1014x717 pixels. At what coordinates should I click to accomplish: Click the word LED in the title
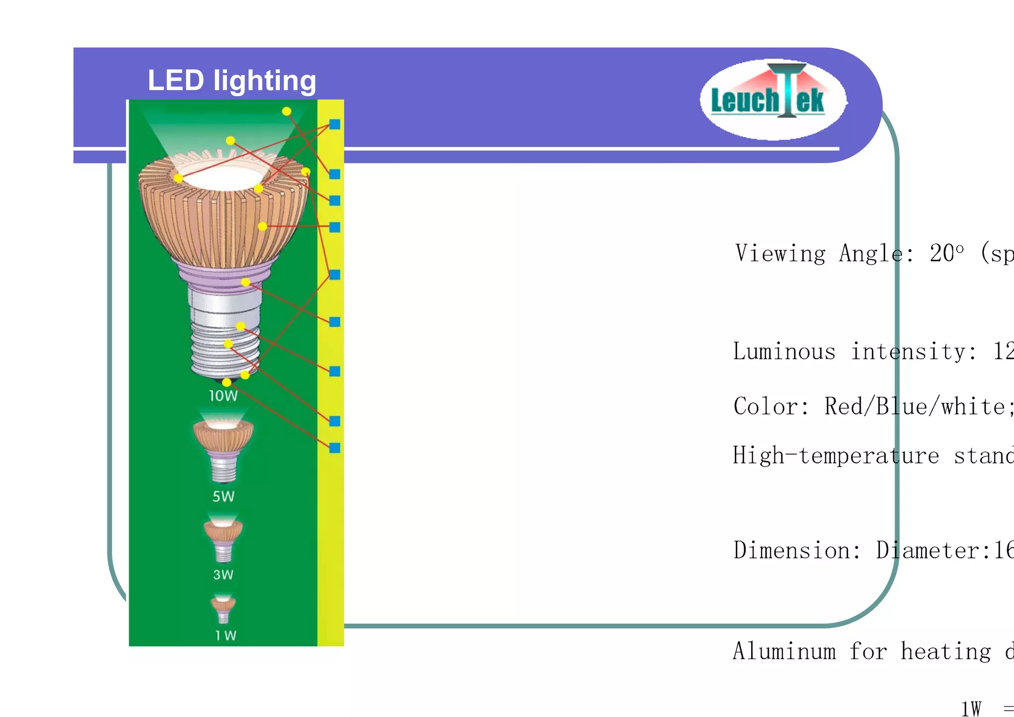pos(176,80)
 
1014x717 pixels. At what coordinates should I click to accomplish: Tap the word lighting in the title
pos(265,81)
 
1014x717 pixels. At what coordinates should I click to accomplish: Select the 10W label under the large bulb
pos(223,396)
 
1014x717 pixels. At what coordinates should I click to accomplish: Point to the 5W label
pos(223,496)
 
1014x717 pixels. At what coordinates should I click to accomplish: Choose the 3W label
pos(223,575)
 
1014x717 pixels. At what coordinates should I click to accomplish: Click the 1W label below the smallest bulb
pos(226,636)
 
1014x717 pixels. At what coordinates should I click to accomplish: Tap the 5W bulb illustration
pos(223,448)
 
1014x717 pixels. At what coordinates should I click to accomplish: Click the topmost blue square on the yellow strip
pos(335,124)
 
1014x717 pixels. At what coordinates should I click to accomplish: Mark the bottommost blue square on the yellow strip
pos(335,448)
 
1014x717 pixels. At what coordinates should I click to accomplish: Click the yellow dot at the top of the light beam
pos(287,111)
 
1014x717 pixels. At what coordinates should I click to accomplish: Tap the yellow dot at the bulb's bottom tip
pos(227,382)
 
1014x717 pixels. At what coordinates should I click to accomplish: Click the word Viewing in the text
pos(780,254)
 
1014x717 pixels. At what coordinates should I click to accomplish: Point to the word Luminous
pos(784,351)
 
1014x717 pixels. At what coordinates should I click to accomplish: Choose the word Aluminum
pos(784,651)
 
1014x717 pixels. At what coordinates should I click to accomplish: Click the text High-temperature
pos(836,455)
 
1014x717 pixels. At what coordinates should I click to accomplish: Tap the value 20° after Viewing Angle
pos(947,253)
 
